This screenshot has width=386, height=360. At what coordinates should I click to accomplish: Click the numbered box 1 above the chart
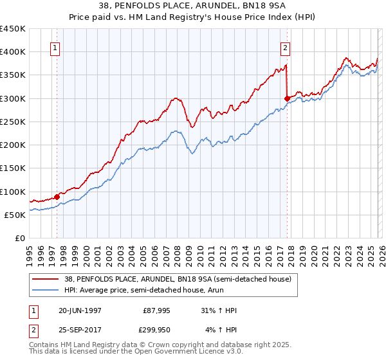click(x=54, y=47)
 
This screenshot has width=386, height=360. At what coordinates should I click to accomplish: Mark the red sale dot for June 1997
click(x=57, y=197)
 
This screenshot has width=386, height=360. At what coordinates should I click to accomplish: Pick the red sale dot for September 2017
click(x=287, y=98)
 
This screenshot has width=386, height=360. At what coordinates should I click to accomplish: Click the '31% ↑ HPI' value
click(x=219, y=310)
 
